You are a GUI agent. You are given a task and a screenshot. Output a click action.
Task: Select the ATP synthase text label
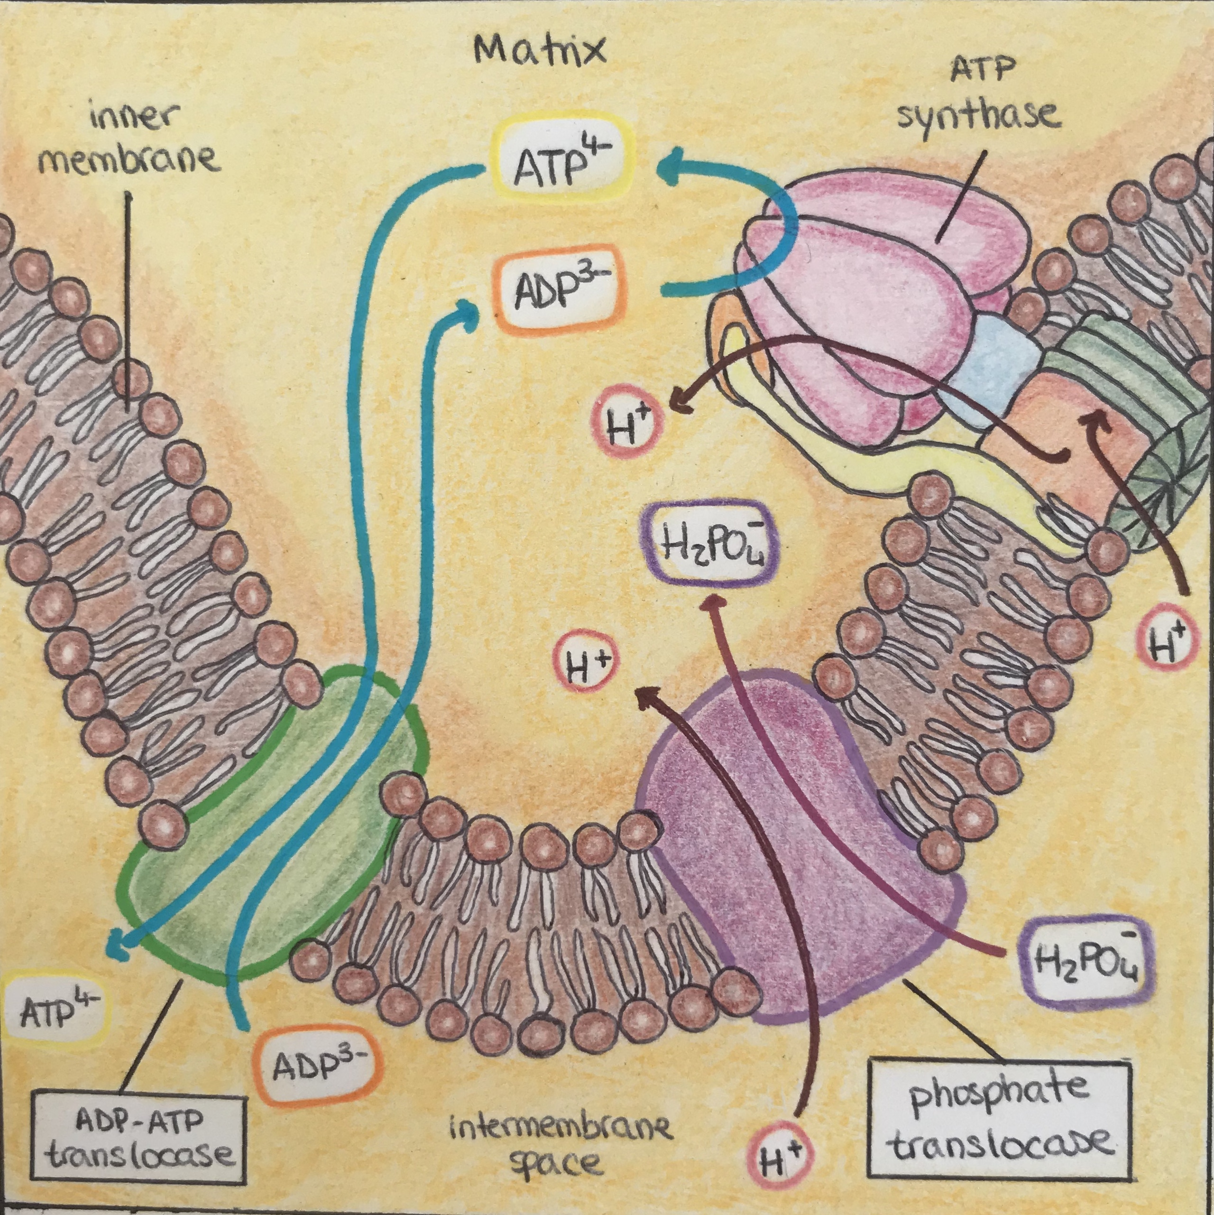[x=978, y=101]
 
